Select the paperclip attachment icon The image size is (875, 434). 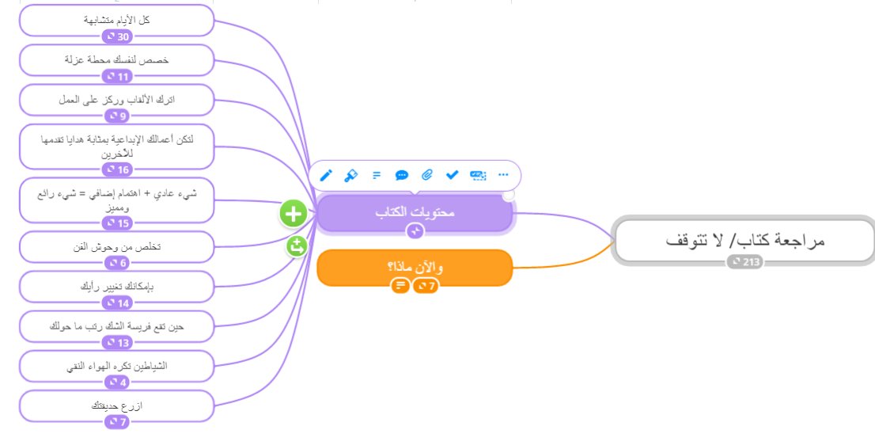click(x=427, y=175)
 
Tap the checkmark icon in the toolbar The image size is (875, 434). click(x=453, y=175)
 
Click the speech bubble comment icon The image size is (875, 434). click(x=402, y=175)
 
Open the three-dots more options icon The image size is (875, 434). click(x=502, y=175)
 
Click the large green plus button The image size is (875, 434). click(x=294, y=213)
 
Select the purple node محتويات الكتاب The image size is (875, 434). click(x=415, y=212)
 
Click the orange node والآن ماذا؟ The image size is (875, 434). click(x=415, y=267)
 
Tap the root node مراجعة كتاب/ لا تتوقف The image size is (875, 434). click(x=743, y=240)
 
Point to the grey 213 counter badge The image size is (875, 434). click(x=746, y=262)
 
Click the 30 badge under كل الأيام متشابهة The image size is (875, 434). click(x=116, y=36)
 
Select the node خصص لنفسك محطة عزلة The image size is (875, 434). click(x=116, y=59)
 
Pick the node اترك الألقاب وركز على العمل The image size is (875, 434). click(x=116, y=99)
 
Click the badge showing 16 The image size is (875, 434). click(x=116, y=169)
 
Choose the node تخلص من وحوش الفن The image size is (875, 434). click(x=116, y=246)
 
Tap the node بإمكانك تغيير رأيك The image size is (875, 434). click(x=116, y=286)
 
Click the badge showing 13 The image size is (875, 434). click(x=116, y=343)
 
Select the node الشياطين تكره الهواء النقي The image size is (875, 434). click(x=116, y=366)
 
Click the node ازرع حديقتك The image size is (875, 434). click(x=116, y=405)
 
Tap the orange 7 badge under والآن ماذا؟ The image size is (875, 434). click(x=426, y=285)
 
